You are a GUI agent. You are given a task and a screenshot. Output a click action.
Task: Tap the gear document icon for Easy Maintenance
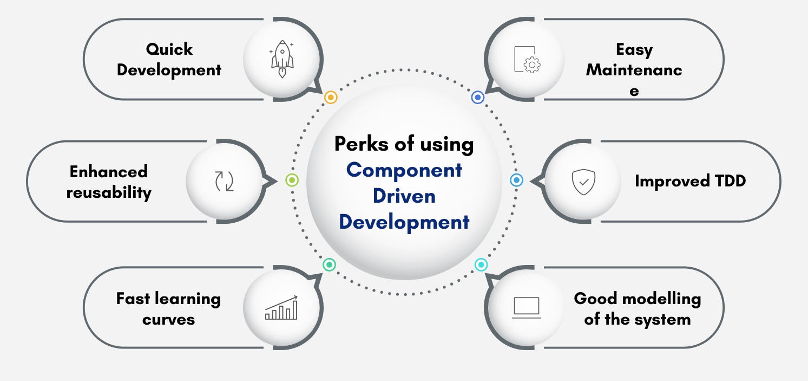527,60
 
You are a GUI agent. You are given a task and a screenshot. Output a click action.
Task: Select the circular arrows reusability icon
224,181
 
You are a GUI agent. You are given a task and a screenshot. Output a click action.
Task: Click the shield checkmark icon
583,182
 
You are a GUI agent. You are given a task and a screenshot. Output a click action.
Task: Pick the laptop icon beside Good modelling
527,307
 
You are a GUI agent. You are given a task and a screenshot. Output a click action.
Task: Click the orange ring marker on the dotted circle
331,98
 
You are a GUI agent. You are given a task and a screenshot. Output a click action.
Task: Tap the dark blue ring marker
477,97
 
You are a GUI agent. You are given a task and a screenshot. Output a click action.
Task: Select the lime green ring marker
292,180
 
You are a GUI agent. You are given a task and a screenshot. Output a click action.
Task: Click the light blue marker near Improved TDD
517,180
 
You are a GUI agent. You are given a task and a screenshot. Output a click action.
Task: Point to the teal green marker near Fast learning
329,264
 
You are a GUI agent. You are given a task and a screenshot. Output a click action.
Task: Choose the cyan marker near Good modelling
481,264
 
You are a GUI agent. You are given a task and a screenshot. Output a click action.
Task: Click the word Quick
169,49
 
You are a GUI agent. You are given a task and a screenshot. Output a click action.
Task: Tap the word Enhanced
109,172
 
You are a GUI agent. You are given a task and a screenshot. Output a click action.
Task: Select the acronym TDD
728,181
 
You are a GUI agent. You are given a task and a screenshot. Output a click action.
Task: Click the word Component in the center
404,170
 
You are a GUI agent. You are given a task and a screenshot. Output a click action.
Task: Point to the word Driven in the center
404,196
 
